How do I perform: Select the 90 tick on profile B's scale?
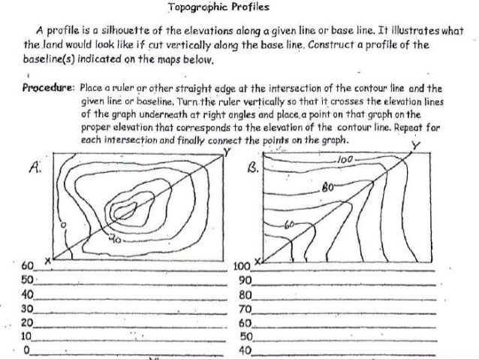click(241, 280)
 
